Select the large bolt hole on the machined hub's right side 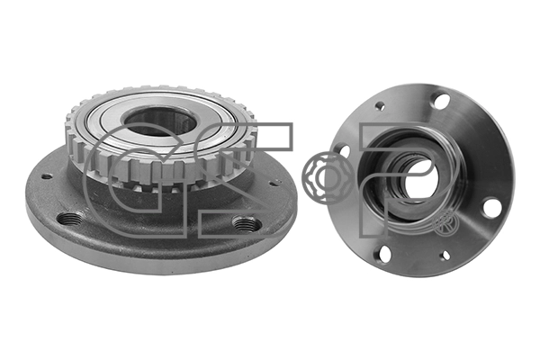490,207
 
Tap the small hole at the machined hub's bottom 445,256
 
